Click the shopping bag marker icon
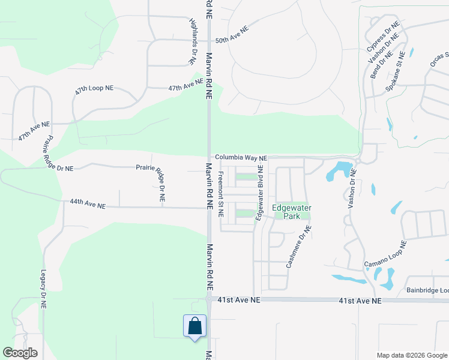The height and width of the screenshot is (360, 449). pos(194,326)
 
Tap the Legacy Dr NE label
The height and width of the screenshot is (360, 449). pos(43,288)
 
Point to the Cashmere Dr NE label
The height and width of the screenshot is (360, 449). pos(298,245)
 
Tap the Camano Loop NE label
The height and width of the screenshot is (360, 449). pos(385,254)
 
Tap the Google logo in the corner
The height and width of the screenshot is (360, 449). pos(20,353)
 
